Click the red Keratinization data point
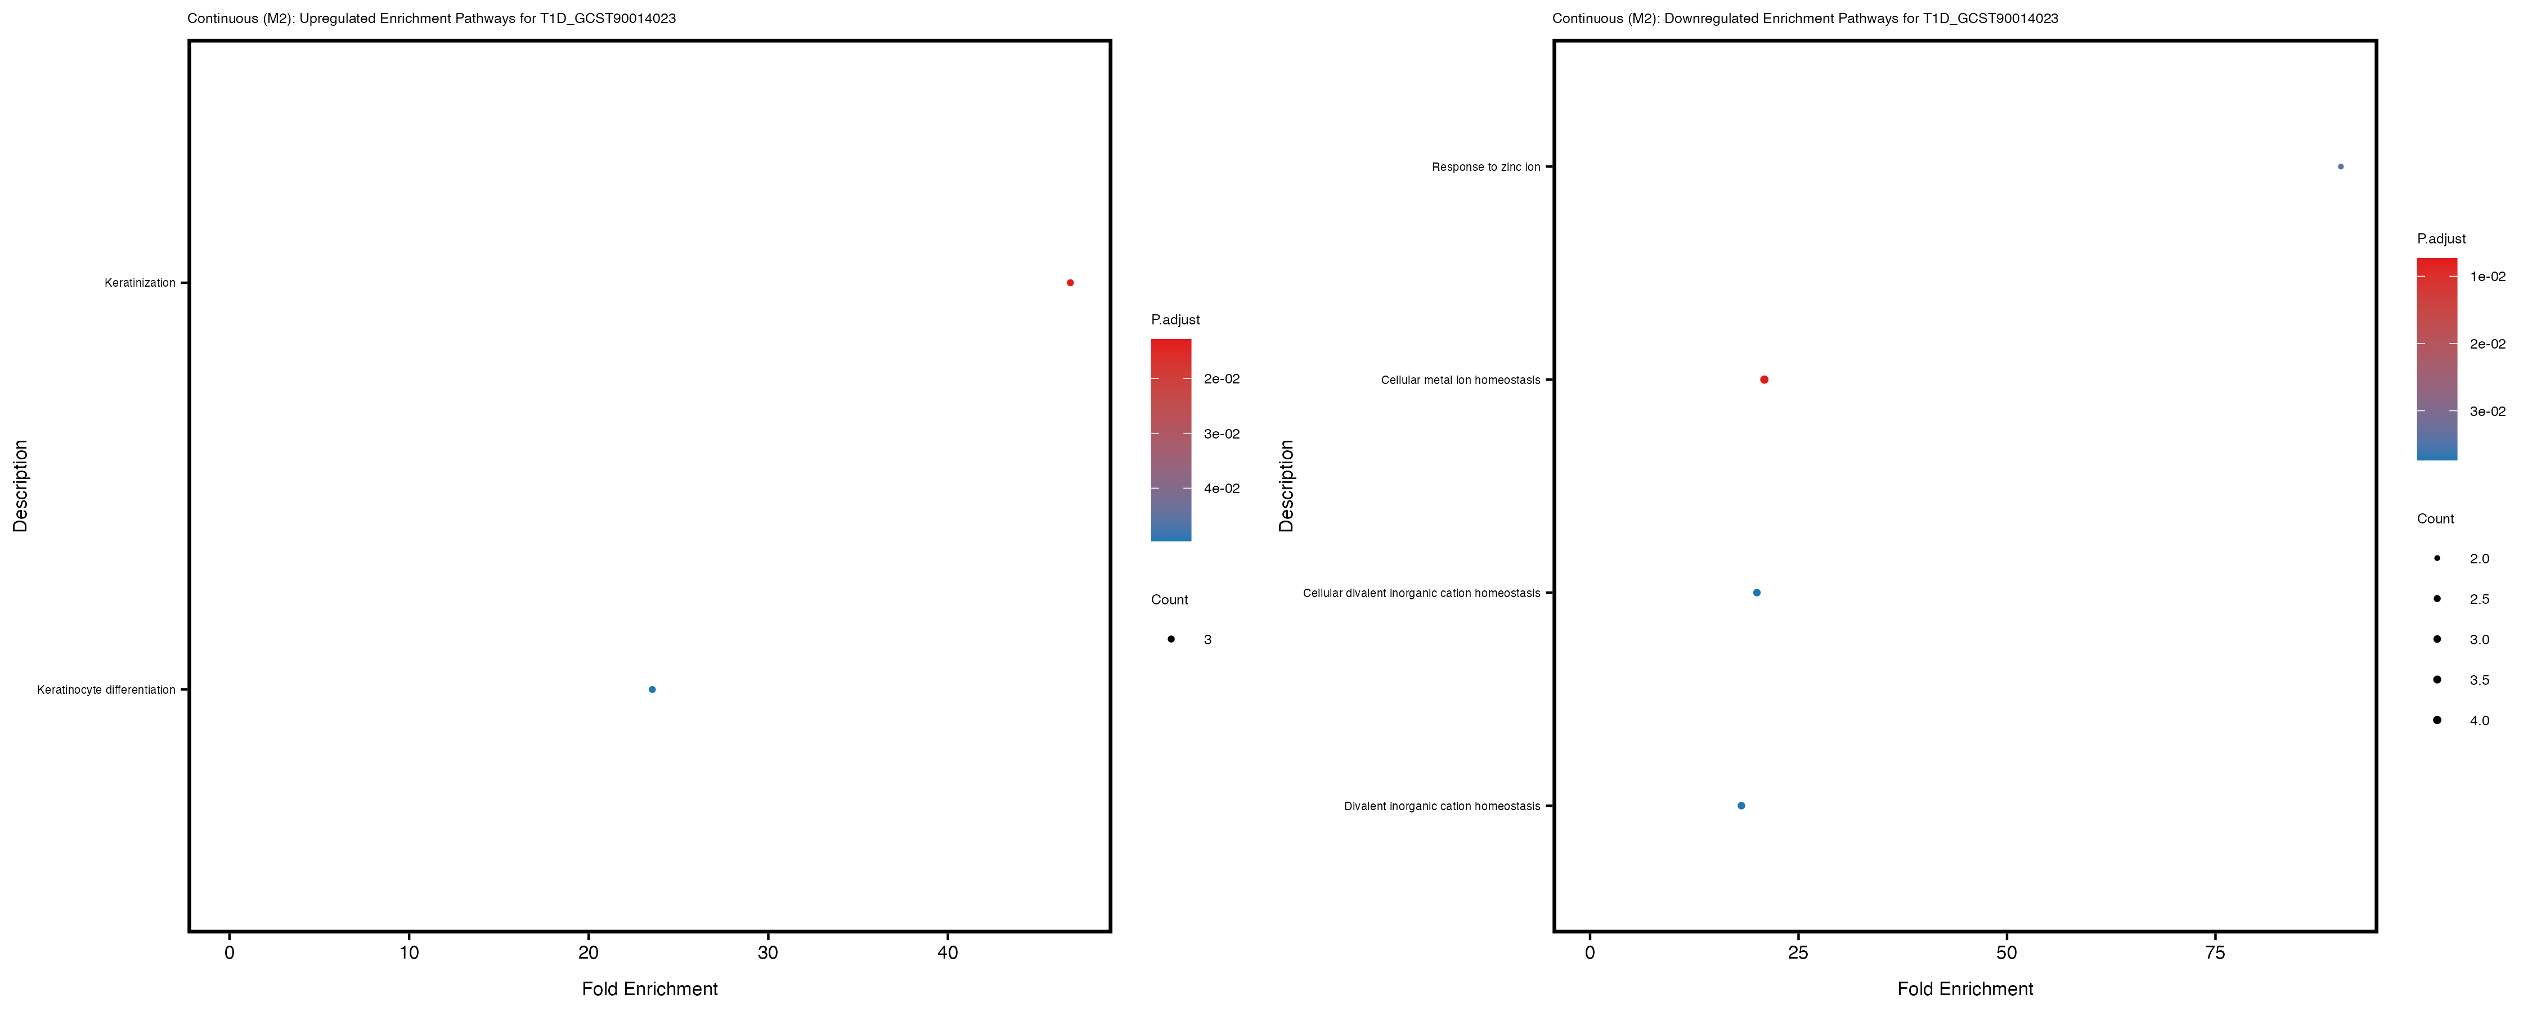pyautogui.click(x=1070, y=283)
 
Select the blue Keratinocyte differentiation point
pyautogui.click(x=652, y=690)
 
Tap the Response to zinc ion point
pyautogui.click(x=2340, y=167)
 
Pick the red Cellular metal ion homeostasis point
pyautogui.click(x=1763, y=380)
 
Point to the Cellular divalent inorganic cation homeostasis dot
pyautogui.click(x=1757, y=593)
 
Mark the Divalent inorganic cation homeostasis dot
pyautogui.click(x=1741, y=806)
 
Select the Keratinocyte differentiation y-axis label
pyautogui.click(x=106, y=690)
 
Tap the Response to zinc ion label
pyautogui.click(x=1485, y=167)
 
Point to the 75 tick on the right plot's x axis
pyautogui.click(x=2215, y=952)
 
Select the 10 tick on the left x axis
pyautogui.click(x=409, y=952)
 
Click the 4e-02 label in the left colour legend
pyautogui.click(x=1221, y=489)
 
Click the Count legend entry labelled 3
pyautogui.click(x=1207, y=640)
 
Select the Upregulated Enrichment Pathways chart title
pyautogui.click(x=432, y=19)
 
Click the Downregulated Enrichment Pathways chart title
pyautogui.click(x=1804, y=19)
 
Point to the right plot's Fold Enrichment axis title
pyautogui.click(x=1964, y=988)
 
